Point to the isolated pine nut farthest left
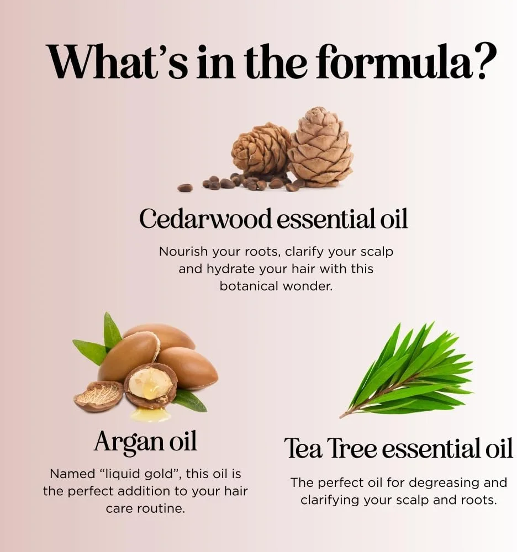185,188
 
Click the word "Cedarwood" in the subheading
205,219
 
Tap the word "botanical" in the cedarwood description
249,286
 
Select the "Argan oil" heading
145,442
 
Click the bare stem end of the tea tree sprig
342,416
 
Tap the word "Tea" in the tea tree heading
303,448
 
